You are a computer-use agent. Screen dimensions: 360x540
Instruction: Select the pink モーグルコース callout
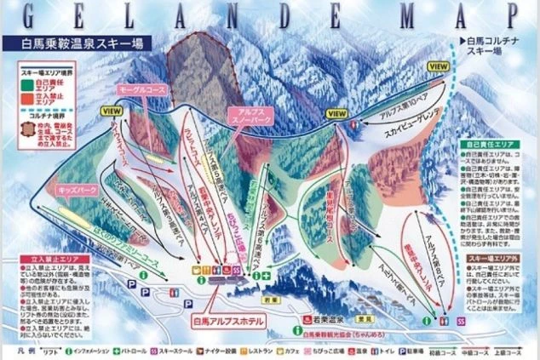click(135, 89)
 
